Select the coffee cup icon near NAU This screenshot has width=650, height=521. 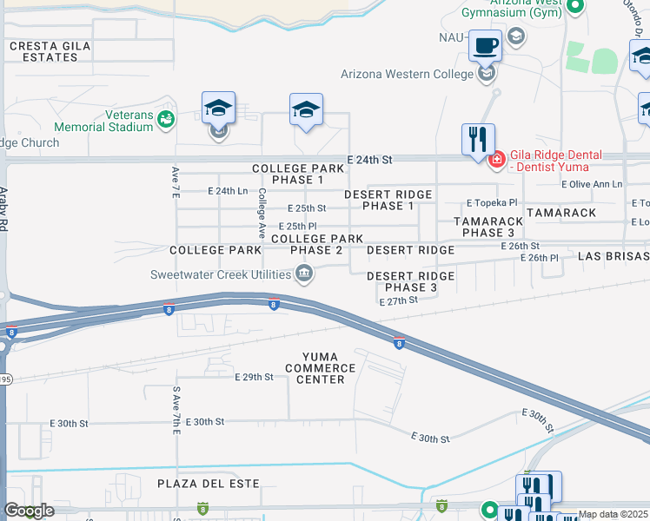486,45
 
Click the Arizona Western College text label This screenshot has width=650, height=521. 407,74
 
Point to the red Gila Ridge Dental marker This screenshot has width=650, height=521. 496,161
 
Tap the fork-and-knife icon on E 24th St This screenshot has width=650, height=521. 477,140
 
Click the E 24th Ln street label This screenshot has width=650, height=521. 228,191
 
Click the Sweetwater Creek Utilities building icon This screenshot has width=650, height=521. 305,275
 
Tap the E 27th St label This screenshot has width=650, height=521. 399,300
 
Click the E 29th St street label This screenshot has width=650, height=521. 254,377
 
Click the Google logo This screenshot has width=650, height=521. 29,511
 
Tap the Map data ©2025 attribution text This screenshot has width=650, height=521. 613,514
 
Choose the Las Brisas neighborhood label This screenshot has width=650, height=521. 614,257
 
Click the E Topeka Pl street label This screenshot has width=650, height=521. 488,202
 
